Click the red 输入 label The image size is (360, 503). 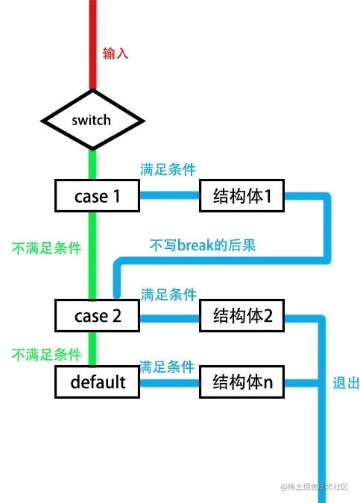click(116, 53)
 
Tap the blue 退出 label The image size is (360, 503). click(346, 383)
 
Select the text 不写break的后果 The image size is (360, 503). click(203, 245)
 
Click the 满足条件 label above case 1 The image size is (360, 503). click(168, 169)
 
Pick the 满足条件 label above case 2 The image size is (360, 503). click(168, 294)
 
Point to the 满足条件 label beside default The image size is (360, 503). click(167, 367)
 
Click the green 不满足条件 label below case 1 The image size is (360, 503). click(46, 248)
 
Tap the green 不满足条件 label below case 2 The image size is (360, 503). click(46, 355)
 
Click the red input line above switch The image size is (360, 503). click(92, 45)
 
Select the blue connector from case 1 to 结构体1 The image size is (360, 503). click(169, 195)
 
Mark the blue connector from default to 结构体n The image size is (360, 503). click(169, 383)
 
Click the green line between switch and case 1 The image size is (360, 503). click(92, 165)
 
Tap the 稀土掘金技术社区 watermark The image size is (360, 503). click(315, 487)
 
